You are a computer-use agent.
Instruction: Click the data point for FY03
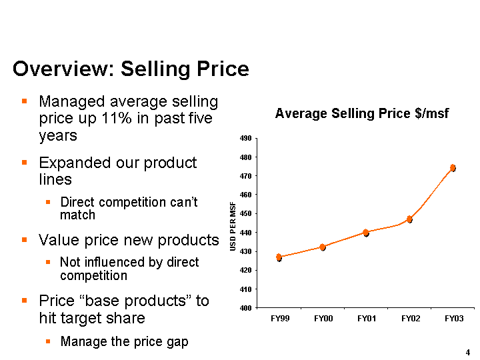coord(453,168)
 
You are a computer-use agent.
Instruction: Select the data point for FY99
coord(279,257)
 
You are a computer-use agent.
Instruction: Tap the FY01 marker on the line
coord(366,233)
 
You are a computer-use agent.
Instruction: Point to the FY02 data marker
coord(409,219)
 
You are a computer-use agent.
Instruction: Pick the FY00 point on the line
coord(323,247)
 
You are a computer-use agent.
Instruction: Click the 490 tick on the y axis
coord(245,139)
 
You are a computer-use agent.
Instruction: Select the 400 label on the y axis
coord(245,308)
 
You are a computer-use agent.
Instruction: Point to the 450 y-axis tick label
coord(245,214)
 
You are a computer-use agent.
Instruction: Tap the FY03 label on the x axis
coord(454,319)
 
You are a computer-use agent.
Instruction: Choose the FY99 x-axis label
coord(280,319)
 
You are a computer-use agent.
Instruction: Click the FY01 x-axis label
coord(367,319)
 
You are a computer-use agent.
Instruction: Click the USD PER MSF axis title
coord(233,225)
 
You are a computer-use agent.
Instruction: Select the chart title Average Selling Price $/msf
coord(362,113)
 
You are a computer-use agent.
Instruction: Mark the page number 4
coord(468,352)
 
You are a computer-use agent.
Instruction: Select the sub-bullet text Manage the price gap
coord(124,341)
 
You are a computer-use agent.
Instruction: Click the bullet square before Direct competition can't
coord(48,202)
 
